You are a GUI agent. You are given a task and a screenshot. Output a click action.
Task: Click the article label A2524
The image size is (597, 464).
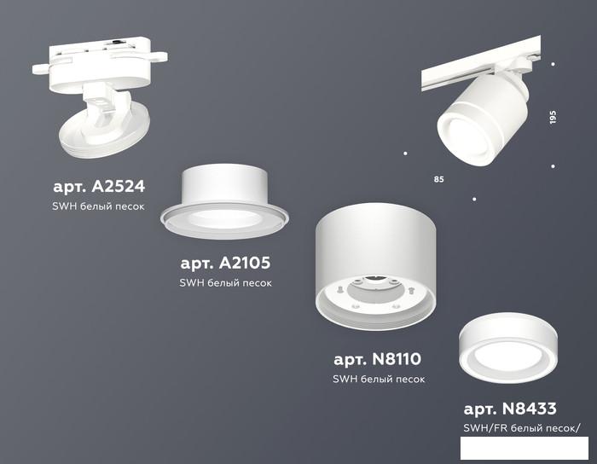click(x=99, y=187)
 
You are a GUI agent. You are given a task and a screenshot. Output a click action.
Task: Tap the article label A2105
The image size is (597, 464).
click(x=225, y=263)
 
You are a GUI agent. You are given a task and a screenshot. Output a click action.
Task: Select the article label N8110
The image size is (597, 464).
click(x=377, y=359)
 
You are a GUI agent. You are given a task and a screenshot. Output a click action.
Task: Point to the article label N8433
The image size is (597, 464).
click(x=510, y=409)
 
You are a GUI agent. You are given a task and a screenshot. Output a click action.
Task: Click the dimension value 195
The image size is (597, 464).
click(x=553, y=117)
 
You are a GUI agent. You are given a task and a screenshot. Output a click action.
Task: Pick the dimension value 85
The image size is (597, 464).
click(x=438, y=179)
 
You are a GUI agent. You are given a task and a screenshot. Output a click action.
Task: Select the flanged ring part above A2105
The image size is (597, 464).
click(x=224, y=201)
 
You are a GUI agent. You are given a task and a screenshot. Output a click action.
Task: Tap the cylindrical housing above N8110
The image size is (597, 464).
click(x=376, y=266)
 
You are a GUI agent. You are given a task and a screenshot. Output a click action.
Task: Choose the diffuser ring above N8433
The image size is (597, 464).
click(x=508, y=348)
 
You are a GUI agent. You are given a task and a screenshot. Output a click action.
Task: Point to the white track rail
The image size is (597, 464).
click(x=480, y=63)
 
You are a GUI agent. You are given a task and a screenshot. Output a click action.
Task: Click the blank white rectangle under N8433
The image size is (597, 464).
click(x=525, y=448)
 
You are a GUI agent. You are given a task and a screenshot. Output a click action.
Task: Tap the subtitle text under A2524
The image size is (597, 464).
click(x=98, y=206)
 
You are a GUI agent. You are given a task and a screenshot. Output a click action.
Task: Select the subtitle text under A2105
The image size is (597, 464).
click(x=225, y=283)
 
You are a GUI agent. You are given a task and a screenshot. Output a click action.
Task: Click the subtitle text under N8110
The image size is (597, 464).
click(x=379, y=379)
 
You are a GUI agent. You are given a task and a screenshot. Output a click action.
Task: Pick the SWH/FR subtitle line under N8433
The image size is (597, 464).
click(x=522, y=428)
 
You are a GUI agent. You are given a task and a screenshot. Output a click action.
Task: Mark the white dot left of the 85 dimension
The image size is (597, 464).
click(x=405, y=154)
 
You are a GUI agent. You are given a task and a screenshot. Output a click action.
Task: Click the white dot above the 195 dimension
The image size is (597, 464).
click(x=553, y=64)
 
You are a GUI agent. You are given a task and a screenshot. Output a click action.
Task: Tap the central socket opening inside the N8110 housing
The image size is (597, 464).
click(x=375, y=291)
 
